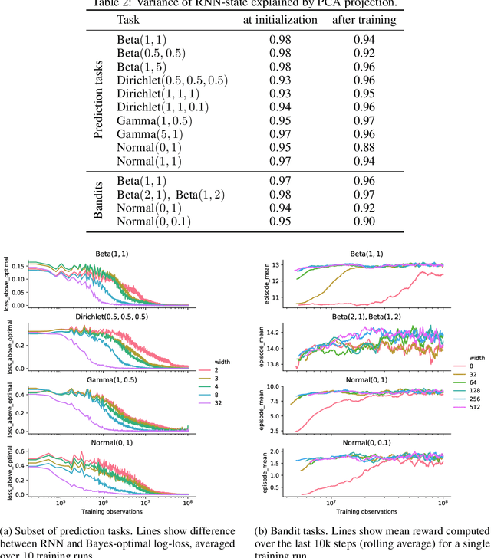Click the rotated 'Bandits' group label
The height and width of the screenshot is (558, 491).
tap(97, 202)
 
